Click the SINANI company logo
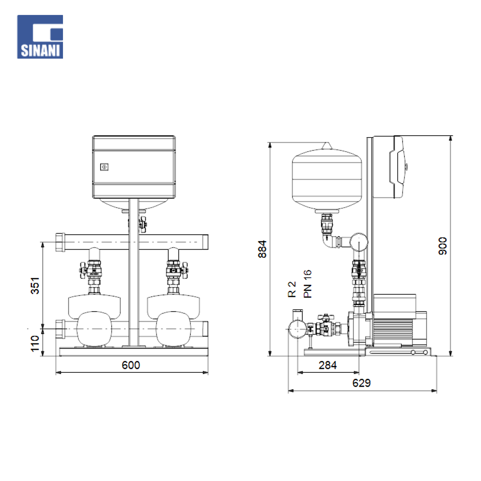(40, 37)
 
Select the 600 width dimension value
(131, 365)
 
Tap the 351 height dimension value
(35, 286)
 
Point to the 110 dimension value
(35, 343)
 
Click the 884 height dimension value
(262, 249)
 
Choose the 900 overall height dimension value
(443, 246)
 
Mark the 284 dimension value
(328, 365)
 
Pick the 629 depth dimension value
(361, 383)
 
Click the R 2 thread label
(292, 290)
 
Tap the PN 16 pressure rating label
(307, 284)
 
